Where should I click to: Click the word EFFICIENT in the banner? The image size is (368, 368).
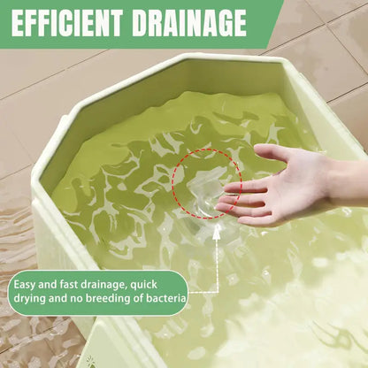click(67, 23)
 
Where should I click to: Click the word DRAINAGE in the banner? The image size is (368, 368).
click(189, 23)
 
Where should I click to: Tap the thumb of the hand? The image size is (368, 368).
click(270, 153)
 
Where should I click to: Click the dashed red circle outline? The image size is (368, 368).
click(172, 184)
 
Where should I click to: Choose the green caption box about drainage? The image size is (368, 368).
click(98, 292)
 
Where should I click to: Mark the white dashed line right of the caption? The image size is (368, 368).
click(218, 265)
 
